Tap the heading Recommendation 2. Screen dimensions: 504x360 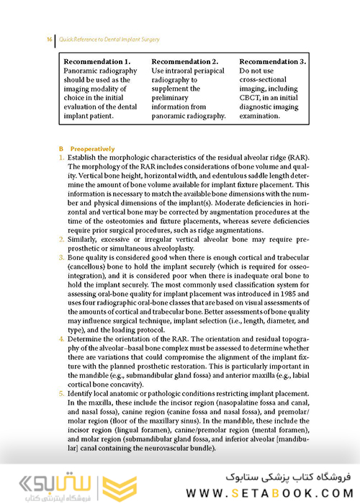(x=185, y=61)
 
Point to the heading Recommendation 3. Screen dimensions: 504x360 (x=272, y=61)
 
